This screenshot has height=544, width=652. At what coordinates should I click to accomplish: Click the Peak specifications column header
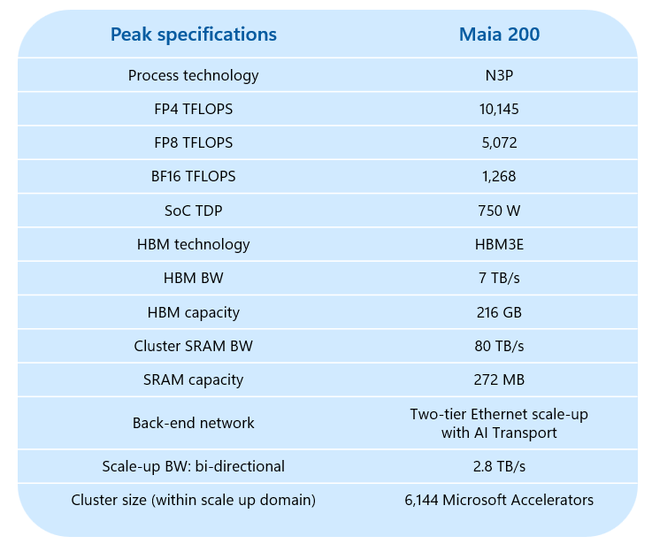tap(193, 34)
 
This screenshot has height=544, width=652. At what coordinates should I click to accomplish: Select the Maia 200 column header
tap(499, 34)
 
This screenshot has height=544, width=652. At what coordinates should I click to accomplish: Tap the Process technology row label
tap(193, 75)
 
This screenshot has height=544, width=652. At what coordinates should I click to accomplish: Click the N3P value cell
tap(499, 75)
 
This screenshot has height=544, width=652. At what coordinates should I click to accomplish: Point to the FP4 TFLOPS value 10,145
tap(499, 109)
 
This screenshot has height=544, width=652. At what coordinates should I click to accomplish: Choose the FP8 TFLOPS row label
tap(193, 142)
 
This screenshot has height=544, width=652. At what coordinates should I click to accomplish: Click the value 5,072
tap(499, 142)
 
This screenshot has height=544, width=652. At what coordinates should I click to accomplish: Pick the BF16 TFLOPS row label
tap(193, 176)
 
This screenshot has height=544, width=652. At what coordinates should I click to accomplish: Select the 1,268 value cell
tap(499, 176)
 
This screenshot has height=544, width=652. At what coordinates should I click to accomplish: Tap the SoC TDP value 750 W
tap(499, 210)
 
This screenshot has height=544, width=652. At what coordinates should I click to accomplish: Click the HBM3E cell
tap(499, 244)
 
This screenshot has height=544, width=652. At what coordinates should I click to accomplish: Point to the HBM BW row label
tap(193, 278)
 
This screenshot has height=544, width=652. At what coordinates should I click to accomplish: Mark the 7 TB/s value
tap(499, 278)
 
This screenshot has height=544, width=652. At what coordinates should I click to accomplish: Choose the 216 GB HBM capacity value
tap(499, 312)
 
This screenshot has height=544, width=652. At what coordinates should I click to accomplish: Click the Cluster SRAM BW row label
tap(193, 346)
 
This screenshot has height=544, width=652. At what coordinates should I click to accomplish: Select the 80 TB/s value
tap(499, 346)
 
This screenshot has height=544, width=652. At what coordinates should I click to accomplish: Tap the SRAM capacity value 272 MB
tap(499, 379)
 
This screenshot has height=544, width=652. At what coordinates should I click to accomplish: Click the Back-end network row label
tap(193, 423)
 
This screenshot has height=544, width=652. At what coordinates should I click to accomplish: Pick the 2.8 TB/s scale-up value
tap(499, 466)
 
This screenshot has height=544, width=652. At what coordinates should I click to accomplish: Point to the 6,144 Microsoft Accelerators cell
tap(499, 500)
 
